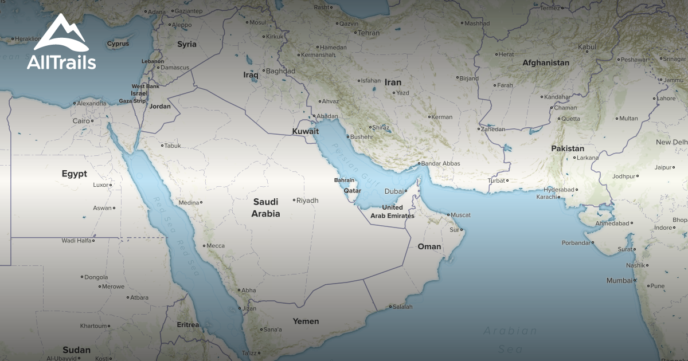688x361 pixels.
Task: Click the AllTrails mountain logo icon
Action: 61,33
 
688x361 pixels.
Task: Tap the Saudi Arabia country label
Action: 265,208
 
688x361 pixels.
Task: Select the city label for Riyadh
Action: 307,201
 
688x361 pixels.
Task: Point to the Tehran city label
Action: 369,33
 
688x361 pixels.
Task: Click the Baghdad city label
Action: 281,72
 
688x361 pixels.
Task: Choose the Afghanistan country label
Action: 545,63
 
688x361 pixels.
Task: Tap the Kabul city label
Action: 587,47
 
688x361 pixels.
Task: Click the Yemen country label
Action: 306,321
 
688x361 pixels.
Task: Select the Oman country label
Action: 429,247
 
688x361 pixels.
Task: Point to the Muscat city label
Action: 460,215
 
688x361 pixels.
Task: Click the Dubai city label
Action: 394,191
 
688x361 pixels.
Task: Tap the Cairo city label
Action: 81,121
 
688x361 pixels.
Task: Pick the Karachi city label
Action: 546,197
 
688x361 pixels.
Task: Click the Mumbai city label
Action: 619,281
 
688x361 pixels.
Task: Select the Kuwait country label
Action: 306,132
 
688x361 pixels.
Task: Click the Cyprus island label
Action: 118,44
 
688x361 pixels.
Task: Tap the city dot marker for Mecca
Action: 204,246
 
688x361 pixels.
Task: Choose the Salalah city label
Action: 402,307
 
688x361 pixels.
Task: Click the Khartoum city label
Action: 94,326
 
